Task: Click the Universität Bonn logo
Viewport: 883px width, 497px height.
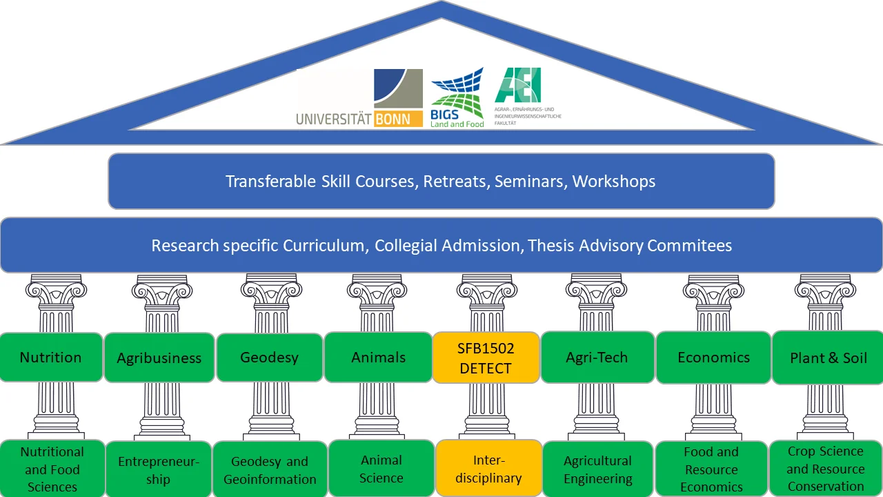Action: (359, 99)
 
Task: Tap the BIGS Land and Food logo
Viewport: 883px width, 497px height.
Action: (457, 98)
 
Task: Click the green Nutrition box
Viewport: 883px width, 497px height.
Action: (51, 357)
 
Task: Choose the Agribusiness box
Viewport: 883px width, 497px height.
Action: (159, 358)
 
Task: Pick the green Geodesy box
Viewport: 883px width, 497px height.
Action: (269, 358)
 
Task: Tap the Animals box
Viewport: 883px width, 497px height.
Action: (378, 358)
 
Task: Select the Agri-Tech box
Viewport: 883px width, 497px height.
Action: (597, 358)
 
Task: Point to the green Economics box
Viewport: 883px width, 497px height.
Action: (713, 358)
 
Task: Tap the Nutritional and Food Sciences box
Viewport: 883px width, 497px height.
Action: (52, 469)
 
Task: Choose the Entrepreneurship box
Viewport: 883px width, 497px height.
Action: (158, 470)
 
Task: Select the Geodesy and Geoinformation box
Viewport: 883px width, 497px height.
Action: (270, 470)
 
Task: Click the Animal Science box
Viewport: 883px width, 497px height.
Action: (381, 469)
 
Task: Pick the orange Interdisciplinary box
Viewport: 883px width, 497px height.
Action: (488, 469)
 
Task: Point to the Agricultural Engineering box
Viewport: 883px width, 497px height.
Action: (597, 469)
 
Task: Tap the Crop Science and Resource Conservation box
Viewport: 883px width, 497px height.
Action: (825, 469)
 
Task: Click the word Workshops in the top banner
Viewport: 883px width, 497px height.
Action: (613, 182)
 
